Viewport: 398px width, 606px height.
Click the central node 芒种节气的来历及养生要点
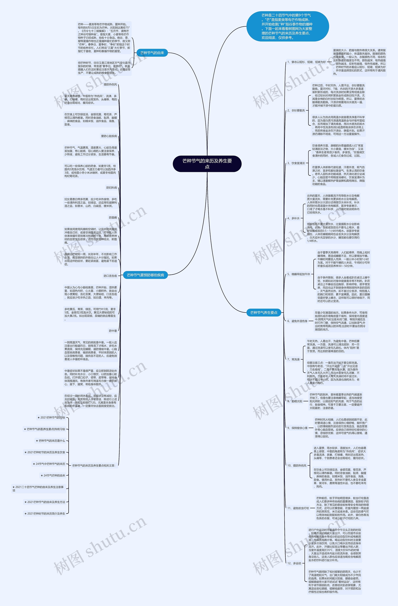[x=207, y=164]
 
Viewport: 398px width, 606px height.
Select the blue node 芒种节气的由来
[x=152, y=53]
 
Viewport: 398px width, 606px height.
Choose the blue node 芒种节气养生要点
[x=264, y=312]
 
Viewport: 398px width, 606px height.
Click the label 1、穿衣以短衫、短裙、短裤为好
[x=307, y=62]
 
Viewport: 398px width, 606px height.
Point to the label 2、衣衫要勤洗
[x=296, y=110]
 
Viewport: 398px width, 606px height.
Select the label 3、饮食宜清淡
[x=296, y=163]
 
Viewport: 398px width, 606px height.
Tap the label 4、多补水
[x=294, y=218]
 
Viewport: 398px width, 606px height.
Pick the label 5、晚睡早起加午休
[x=299, y=274]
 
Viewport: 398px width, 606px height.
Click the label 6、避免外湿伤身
[x=297, y=321]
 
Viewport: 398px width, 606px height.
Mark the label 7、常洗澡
[x=294, y=359]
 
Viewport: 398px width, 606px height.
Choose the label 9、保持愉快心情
[x=297, y=428]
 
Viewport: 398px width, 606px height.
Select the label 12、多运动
[x=294, y=563]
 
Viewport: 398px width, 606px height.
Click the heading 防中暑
[x=113, y=331]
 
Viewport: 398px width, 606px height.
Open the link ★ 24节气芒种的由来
[x=53, y=475]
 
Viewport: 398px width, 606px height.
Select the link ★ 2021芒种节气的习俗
[x=51, y=417]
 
